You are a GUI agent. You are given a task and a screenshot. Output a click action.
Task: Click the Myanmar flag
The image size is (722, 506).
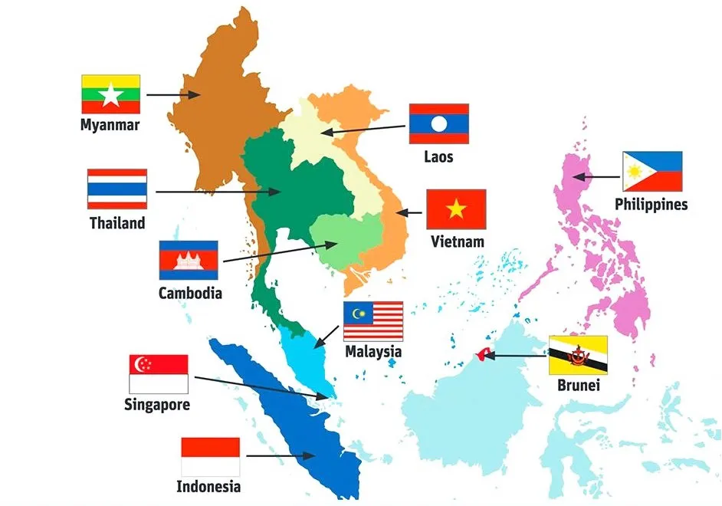point(110,94)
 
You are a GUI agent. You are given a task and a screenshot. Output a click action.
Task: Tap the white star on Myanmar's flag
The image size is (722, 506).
point(110,95)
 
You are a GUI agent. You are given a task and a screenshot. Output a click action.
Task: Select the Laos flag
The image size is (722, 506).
point(438,123)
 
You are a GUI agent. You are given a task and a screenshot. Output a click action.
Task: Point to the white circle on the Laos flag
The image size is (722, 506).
point(438,123)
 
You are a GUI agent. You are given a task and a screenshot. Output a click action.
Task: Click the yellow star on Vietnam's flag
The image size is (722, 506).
point(456,208)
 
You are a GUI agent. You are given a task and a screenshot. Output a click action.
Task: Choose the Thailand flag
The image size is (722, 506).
point(117,189)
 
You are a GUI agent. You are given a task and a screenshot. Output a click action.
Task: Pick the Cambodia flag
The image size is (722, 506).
point(189,261)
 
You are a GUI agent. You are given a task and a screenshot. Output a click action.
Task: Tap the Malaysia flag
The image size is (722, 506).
point(373,320)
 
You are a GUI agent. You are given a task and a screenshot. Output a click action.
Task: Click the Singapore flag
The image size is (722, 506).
point(159,374)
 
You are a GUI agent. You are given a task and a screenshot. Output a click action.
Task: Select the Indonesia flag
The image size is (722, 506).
point(210,456)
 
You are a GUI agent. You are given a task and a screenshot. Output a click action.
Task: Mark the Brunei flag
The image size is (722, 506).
point(578,355)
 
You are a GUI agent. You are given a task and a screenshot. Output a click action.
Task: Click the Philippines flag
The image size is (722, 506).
point(651,171)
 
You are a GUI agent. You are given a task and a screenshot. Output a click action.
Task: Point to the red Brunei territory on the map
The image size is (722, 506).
point(483,353)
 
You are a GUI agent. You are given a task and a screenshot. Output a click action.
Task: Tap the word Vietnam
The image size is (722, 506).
point(458,242)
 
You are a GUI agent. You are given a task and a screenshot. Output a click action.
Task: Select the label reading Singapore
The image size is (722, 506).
point(157,405)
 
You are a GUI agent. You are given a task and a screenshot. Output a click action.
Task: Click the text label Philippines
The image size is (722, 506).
point(651,205)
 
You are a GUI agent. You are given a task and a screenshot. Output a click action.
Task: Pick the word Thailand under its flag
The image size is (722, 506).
point(117,223)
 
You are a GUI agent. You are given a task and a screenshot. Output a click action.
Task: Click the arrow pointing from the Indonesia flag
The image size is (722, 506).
point(281,455)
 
